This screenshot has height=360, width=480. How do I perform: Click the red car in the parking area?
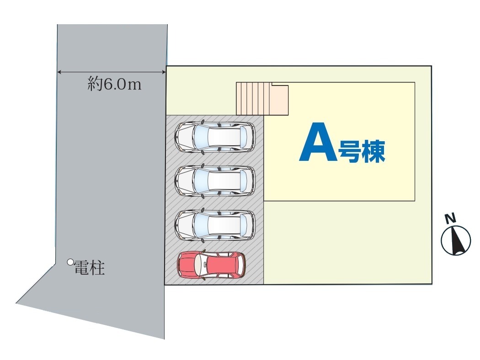coord(211,265)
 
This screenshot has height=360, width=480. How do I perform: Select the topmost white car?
coord(214,137)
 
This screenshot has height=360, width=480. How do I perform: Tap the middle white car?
coord(214,181)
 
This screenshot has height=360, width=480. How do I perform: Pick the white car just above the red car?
coord(214,225)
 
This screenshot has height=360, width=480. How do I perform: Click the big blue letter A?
coord(317,143)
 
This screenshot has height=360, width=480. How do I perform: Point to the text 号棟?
coord(362,151)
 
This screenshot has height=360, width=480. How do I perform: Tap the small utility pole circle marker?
coord(70,262)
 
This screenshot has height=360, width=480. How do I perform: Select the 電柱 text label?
coord(90,268)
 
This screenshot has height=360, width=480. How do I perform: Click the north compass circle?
coord(456,240)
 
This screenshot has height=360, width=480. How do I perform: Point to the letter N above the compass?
coord(451,219)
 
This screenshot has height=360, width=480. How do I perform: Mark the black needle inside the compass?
coord(456,241)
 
